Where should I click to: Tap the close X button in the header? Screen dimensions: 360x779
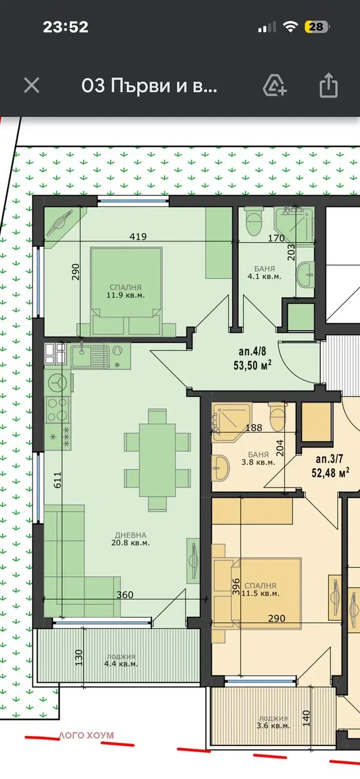32,85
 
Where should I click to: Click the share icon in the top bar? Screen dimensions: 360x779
328,85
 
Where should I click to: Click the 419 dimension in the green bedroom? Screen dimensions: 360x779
138,236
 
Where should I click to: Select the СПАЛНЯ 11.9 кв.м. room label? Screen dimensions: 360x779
126,292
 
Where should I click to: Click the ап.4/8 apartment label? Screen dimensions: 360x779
252,352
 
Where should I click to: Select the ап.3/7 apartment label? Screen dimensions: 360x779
329,459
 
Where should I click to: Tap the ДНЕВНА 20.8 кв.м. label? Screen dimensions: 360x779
130,538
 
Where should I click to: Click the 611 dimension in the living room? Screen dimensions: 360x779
57,479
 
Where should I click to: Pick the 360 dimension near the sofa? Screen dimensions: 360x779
125,595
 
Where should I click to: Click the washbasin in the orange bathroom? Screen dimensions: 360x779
220,467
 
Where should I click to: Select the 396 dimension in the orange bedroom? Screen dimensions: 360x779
236,587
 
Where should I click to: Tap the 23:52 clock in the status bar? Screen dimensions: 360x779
66,27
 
